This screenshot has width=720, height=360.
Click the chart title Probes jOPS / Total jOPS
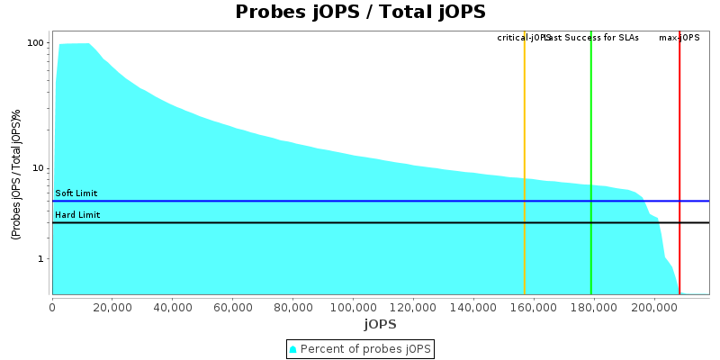(360, 13)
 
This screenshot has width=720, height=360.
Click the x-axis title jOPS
(380, 324)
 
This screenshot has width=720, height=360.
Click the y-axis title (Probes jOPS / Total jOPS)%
(16, 175)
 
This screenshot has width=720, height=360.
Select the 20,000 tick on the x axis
(112, 307)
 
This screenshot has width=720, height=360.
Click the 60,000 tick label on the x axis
(233, 307)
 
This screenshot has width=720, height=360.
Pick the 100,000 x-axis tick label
(354, 307)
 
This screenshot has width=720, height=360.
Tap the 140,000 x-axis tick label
(473, 307)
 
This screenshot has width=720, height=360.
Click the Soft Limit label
(76, 193)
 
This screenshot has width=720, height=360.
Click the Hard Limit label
(77, 215)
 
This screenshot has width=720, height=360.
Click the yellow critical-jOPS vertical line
(525, 162)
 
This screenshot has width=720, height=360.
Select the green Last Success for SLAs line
(591, 162)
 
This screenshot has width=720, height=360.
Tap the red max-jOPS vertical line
(679, 162)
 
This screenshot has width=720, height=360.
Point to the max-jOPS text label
(679, 38)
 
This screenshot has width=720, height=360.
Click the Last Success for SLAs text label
(594, 38)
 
